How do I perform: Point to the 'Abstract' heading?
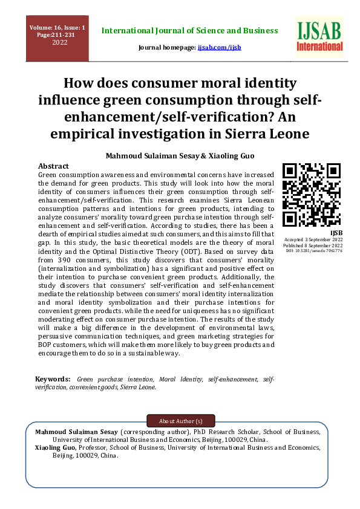click(53, 166)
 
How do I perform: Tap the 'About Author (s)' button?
click(180, 421)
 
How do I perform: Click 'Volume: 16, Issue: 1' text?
click(57, 28)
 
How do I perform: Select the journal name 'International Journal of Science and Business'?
click(189, 30)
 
